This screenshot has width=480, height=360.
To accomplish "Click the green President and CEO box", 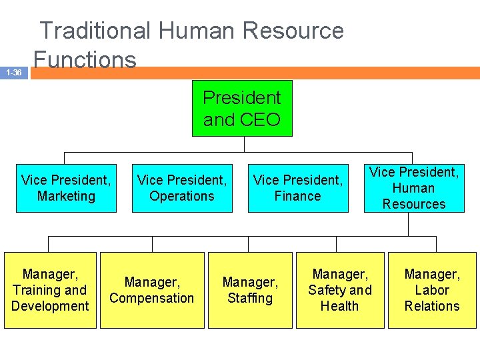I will coord(242,108).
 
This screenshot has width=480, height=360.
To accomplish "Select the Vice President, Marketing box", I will coord(66,188).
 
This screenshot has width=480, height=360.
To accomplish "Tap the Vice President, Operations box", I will coord(182,188).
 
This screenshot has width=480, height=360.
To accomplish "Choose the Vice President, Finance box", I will coord(298,188).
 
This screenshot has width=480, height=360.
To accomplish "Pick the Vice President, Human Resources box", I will coord(414,188).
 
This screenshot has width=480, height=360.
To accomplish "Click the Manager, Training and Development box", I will coord(50,290).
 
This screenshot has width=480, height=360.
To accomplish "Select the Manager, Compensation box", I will coord(152,290).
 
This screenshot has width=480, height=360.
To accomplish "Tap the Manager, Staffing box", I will coord(250,290).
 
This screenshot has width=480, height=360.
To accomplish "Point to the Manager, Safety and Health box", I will coord(340,290).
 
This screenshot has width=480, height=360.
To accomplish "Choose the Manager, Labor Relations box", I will coord(432,290).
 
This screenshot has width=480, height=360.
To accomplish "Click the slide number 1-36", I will coord(13,73).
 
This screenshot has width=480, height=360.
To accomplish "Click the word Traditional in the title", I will coord(95,31).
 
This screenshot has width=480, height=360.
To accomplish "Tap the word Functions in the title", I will coord(85,59).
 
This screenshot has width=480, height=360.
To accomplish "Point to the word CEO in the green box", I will coord(261,120).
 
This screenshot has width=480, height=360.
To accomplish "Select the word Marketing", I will coord(66,196).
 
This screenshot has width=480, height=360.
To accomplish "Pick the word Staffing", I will coord(250,298).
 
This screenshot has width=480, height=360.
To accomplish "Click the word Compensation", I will coord(152,298).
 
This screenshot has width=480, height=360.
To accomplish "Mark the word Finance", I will coord(298,196).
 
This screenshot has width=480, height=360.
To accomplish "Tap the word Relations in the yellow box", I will coord(432,306).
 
